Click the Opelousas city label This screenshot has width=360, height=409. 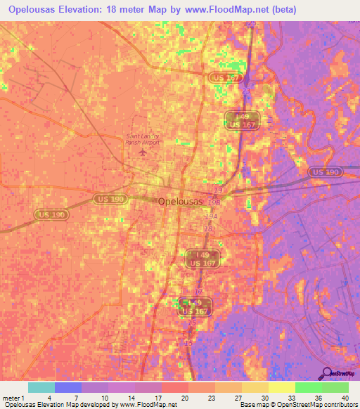181,201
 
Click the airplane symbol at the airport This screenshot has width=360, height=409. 143,151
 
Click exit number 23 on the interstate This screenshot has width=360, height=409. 245,91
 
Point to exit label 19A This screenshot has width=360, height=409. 211,216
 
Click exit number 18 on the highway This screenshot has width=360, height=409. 208,228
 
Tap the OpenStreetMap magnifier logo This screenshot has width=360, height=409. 328,374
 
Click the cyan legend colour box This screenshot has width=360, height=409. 41,387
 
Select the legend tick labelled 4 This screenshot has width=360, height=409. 49,399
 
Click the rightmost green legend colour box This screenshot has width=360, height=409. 335,387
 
